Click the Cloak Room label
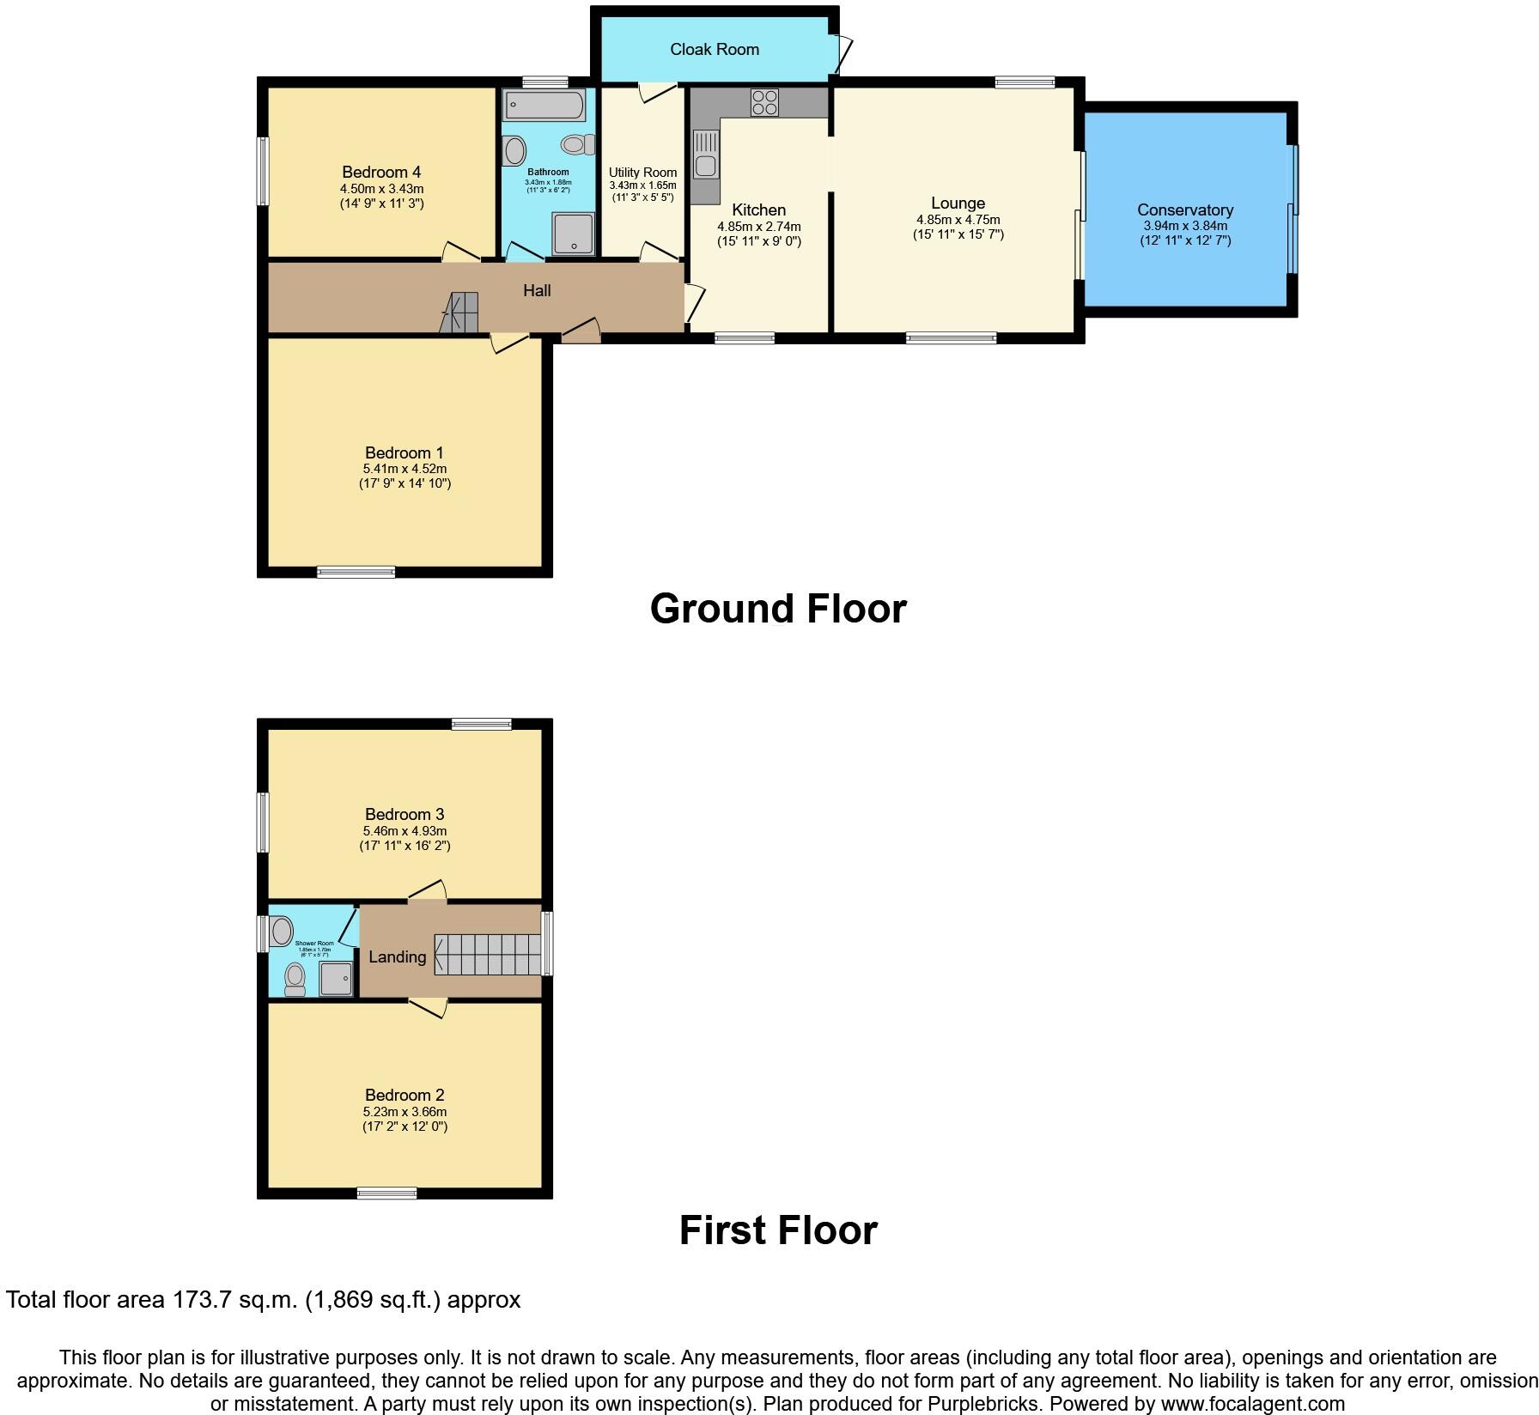coord(715,50)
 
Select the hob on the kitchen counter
coord(763,102)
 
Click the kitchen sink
coord(705,155)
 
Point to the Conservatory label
coord(1185,210)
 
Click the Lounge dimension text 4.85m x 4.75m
coord(958,220)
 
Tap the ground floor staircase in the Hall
coord(460,313)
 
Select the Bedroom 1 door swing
coord(510,343)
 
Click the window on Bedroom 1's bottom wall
coord(356,572)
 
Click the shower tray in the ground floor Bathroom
coord(573,234)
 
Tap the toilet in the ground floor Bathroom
coord(577,144)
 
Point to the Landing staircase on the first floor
coord(488,955)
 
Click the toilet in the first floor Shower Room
coord(295,979)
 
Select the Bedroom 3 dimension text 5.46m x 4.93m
coord(405,831)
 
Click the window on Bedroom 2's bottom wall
coord(386,1193)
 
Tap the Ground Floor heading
coord(778,609)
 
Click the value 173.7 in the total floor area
coord(201,1300)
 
